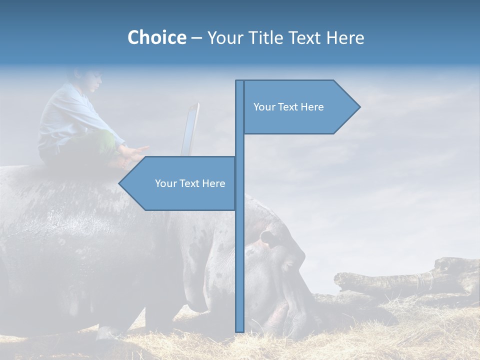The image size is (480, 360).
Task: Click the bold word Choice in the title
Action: click(x=156, y=37)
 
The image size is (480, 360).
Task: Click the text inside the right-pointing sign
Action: click(x=288, y=107)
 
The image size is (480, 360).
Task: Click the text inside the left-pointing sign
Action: click(x=190, y=183)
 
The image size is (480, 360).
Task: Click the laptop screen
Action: click(x=190, y=130)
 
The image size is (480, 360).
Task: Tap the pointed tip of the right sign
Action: click(x=358, y=106)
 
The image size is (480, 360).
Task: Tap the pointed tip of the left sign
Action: click(x=120, y=183)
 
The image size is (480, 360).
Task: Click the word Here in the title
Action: click(x=344, y=37)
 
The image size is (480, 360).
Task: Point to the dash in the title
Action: click(x=196, y=38)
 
